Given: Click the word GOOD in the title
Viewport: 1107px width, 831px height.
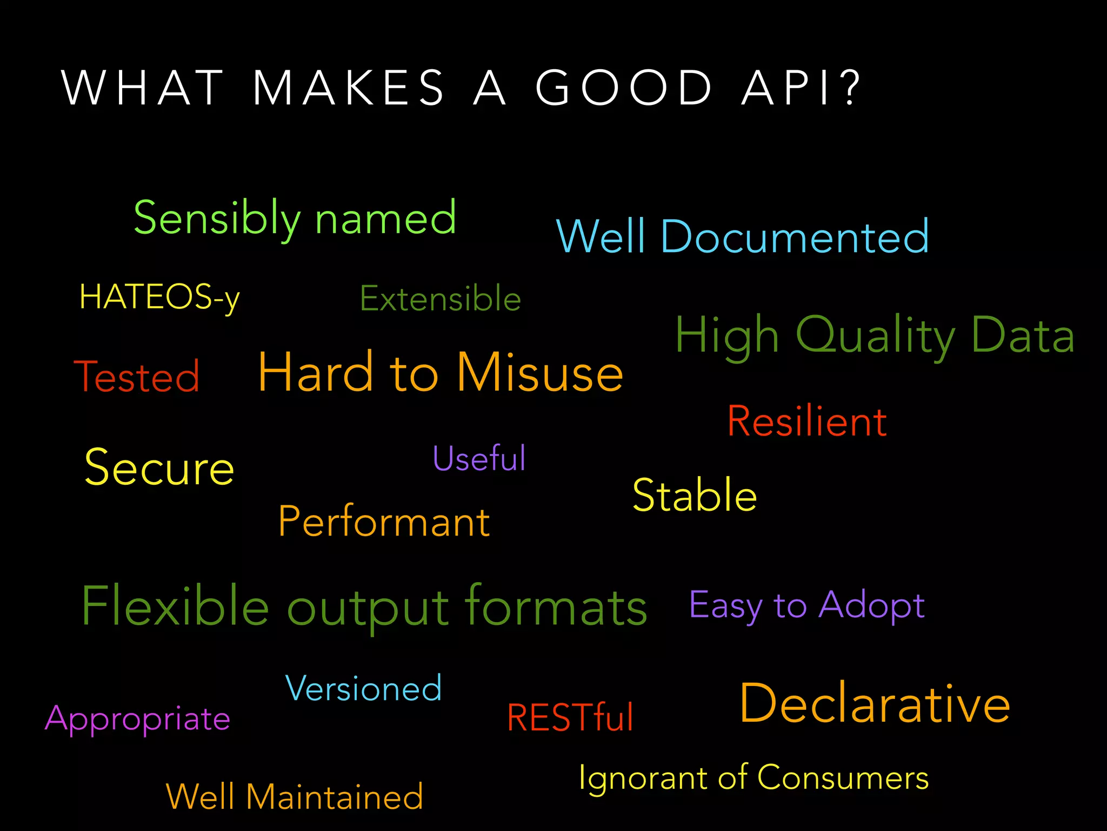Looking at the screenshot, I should click(624, 88).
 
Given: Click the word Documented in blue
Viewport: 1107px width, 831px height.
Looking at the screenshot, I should click(795, 237).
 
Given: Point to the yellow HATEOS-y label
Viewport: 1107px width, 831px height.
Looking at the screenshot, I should click(159, 298).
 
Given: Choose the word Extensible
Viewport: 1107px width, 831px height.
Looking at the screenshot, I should click(441, 299).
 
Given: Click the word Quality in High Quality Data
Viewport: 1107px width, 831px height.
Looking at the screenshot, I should click(876, 335).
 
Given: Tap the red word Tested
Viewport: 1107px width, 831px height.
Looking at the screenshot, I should click(137, 377).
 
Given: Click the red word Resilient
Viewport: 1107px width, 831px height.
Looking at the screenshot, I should click(807, 421).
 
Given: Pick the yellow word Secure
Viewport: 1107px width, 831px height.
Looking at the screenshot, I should click(159, 468).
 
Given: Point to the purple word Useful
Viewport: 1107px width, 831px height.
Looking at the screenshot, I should click(479, 459).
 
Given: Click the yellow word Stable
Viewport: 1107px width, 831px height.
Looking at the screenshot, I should click(695, 496).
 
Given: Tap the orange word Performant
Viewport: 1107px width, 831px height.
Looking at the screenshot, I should click(384, 522).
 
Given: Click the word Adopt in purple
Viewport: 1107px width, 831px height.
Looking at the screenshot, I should click(871, 605).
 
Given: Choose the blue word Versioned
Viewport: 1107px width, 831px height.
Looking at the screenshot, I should click(363, 689).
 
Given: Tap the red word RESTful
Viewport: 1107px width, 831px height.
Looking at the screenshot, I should click(570, 718).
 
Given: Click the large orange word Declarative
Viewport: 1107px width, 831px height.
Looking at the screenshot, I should click(875, 704).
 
